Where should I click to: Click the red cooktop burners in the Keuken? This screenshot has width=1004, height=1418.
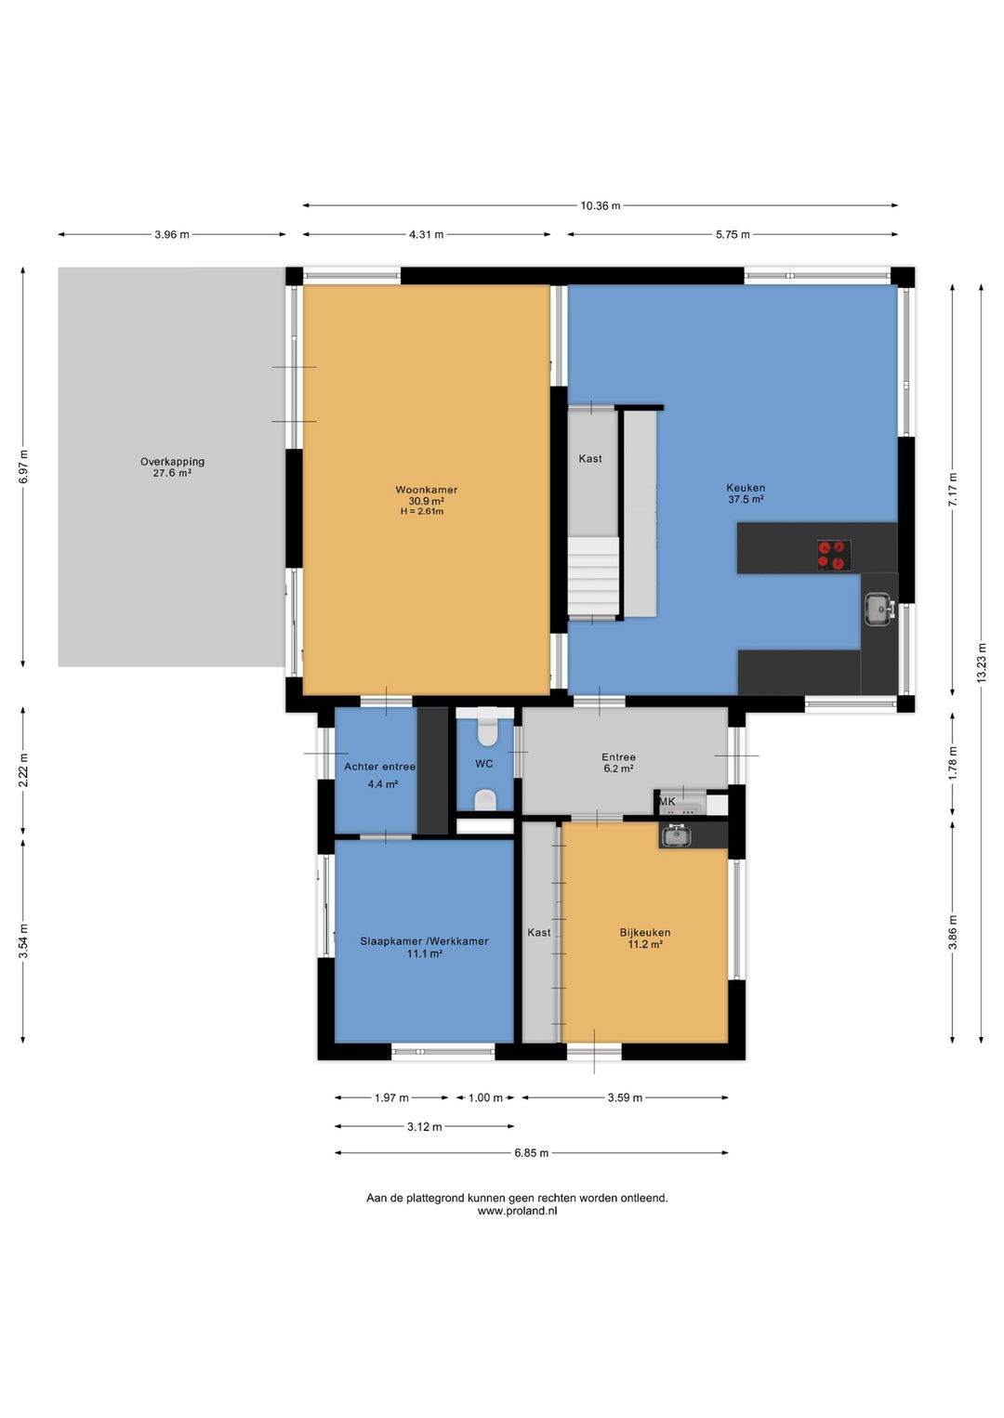click(x=834, y=555)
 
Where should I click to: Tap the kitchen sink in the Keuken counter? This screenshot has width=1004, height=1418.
click(x=879, y=609)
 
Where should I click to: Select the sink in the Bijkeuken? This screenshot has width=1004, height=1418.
click(x=676, y=835)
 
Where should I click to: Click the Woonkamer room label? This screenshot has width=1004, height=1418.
click(x=427, y=490)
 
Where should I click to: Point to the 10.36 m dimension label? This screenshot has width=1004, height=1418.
click(x=600, y=205)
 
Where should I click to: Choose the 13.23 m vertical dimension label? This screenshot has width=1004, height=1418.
click(x=981, y=663)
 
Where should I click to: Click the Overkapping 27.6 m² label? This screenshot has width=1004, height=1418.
click(x=172, y=467)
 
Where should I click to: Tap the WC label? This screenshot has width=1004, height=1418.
click(x=484, y=764)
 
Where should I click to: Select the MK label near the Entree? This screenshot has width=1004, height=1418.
click(x=667, y=801)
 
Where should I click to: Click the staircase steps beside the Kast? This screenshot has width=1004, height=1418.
click(x=593, y=577)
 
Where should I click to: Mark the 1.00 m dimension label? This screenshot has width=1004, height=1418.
click(x=485, y=1097)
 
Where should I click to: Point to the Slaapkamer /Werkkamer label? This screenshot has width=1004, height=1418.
click(x=425, y=940)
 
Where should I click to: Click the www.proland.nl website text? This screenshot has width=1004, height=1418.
click(x=517, y=1211)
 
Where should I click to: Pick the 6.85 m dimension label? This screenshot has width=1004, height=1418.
click(x=531, y=1153)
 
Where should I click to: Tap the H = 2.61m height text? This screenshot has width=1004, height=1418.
click(x=422, y=511)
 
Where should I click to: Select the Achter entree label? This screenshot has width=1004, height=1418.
click(x=380, y=767)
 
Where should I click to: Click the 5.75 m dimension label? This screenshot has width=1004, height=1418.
click(x=733, y=234)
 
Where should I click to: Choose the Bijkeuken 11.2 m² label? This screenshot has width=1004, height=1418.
click(x=645, y=939)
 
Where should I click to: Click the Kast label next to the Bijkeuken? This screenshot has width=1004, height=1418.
click(x=539, y=932)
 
